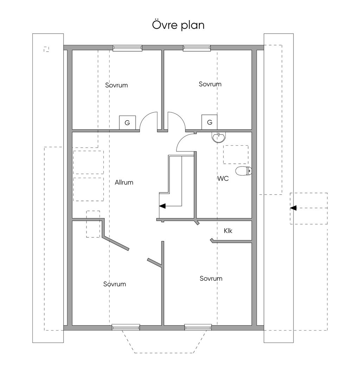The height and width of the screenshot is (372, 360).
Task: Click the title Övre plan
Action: [x=178, y=25]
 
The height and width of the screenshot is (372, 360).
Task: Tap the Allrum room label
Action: [x=124, y=182]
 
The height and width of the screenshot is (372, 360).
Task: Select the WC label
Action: [x=223, y=178]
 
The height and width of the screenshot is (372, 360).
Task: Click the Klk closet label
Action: [x=228, y=230]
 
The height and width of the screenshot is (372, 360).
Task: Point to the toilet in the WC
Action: [x=244, y=171]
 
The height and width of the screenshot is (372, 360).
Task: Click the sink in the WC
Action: [x=219, y=137]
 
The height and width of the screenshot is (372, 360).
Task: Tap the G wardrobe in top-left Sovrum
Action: [x=127, y=123]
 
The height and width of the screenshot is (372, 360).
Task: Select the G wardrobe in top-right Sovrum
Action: [x=210, y=122]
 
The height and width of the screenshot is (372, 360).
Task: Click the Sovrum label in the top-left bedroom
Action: [x=116, y=85]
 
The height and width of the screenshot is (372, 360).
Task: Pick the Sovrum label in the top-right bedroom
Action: [x=210, y=84]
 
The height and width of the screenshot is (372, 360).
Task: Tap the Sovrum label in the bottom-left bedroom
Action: [x=115, y=284]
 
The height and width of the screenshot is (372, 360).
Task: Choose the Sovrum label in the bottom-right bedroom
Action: [x=211, y=278]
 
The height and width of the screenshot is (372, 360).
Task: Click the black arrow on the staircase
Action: [x=162, y=206]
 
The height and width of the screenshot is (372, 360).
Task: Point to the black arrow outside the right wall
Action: [x=293, y=208]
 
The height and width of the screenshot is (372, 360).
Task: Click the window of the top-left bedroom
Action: [x=128, y=48]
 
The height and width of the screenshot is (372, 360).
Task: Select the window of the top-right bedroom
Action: [x=197, y=48]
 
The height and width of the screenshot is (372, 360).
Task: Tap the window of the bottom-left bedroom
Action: [x=126, y=327]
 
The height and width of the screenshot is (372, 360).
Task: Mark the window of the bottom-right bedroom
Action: [x=198, y=327]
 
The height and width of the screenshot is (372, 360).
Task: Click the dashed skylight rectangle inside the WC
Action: [x=236, y=155]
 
